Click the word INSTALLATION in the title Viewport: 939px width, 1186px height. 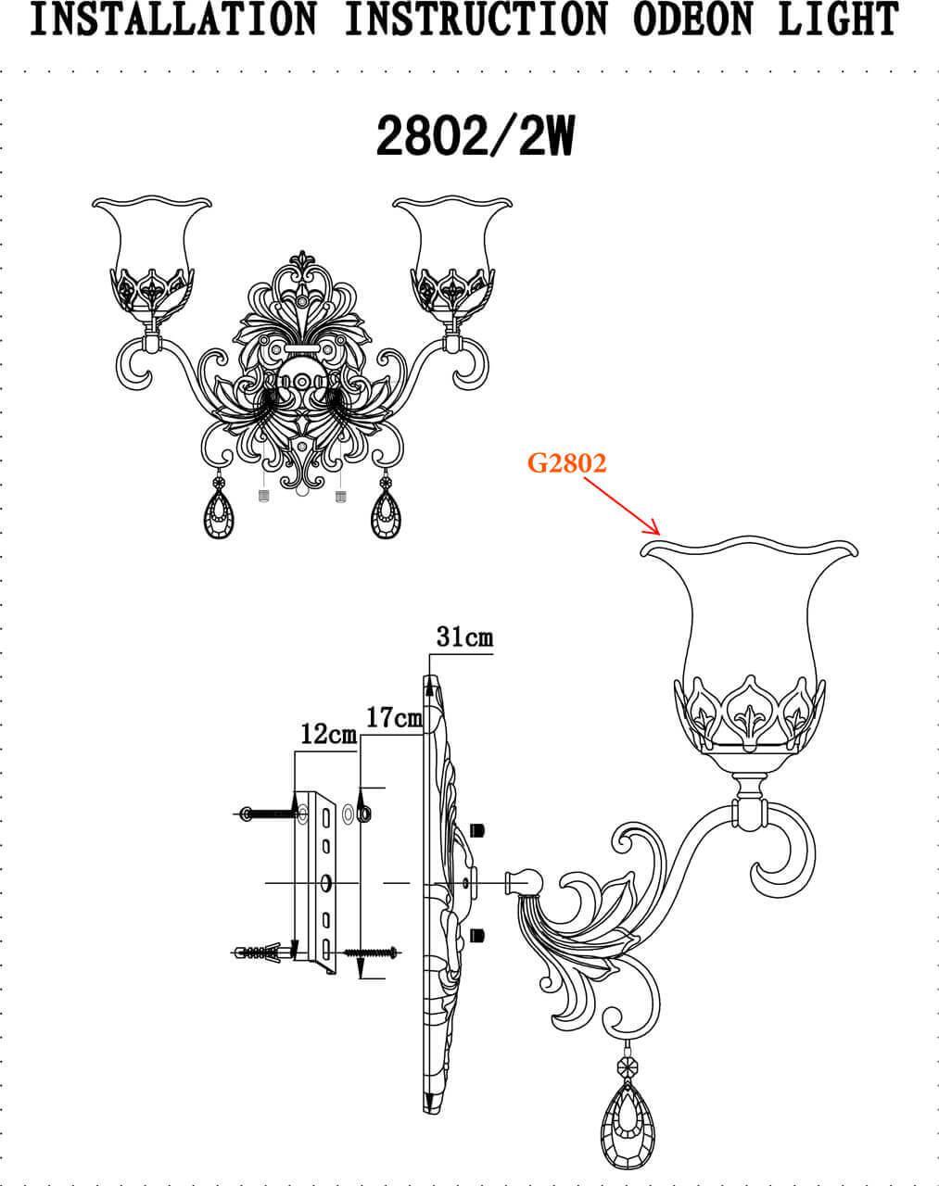(x=172, y=19)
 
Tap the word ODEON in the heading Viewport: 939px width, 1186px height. (x=693, y=19)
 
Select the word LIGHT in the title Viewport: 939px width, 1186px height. (x=838, y=19)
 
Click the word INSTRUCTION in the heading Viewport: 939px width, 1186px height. (x=476, y=19)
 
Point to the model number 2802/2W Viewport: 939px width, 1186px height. (x=476, y=135)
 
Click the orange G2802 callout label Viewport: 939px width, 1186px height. (x=566, y=463)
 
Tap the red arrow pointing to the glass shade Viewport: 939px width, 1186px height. (x=622, y=505)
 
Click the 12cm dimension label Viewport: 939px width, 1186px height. (x=329, y=734)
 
